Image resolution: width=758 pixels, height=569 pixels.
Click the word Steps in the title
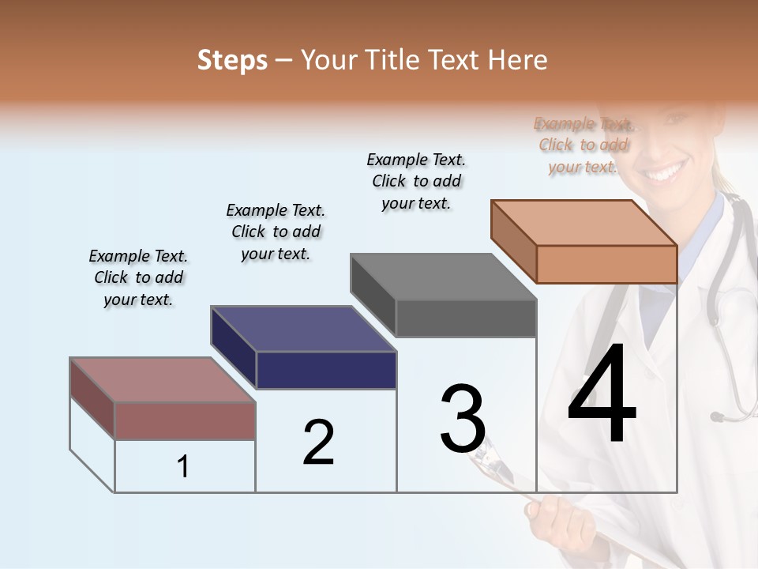coord(232,60)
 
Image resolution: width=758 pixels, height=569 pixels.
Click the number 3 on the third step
coord(463,418)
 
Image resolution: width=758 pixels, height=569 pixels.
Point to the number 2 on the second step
coord(318,443)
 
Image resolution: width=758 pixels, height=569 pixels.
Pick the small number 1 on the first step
coord(183,467)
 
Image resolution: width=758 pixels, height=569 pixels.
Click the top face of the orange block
coord(584,222)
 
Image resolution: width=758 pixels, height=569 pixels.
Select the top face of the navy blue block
coord(304,329)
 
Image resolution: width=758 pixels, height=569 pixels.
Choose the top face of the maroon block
coord(163,379)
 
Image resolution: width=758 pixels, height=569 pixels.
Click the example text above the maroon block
coord(138,277)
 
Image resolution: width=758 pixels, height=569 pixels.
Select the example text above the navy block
coord(276,232)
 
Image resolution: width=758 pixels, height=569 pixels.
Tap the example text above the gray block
coord(416,181)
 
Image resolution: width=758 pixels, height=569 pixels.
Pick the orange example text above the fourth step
coord(584,145)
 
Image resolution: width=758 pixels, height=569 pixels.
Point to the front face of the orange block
coord(606,264)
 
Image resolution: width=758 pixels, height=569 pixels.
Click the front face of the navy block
coord(327,370)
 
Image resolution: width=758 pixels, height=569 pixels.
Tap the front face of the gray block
coord(466,318)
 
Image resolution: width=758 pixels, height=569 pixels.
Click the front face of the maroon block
coord(186,420)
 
